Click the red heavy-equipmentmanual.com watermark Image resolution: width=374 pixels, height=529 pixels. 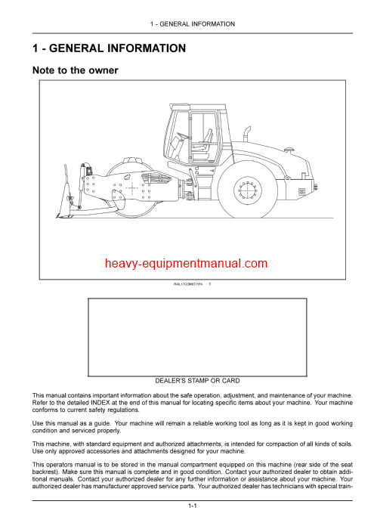[187, 263]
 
